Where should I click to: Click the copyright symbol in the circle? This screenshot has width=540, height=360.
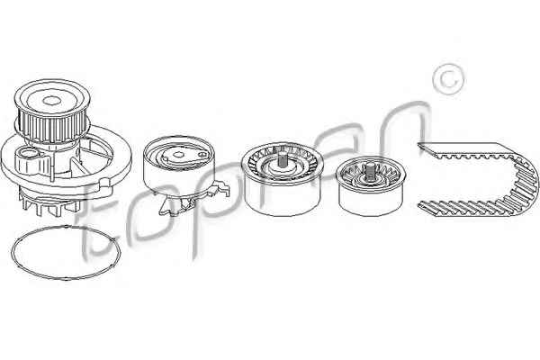(x=448, y=79)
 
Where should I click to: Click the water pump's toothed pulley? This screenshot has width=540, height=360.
(x=52, y=111)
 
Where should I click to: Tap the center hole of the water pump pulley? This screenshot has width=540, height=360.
(x=51, y=101)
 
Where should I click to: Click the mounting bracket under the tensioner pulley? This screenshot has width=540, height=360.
(x=193, y=200)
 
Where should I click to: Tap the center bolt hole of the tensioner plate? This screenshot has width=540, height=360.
(x=178, y=154)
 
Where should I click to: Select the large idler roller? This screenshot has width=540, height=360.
(x=282, y=179)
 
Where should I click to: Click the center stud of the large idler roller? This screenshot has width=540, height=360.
(x=283, y=159)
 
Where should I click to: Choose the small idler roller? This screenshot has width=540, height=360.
(x=371, y=187)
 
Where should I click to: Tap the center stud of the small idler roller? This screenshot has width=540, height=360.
(x=371, y=170)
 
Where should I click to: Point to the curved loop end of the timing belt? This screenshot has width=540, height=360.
(x=526, y=179)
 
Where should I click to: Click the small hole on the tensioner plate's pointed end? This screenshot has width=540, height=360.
(x=202, y=155)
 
